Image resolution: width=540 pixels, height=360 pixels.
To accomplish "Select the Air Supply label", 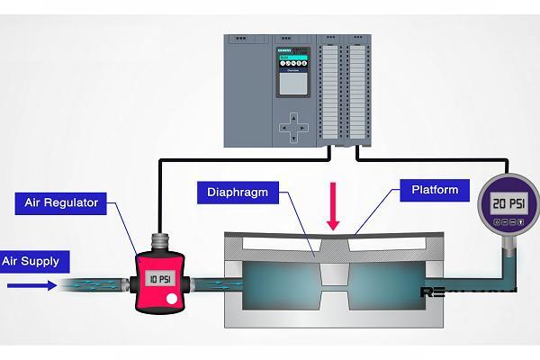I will tap(31, 262).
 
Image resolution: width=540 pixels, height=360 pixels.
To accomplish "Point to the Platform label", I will tap(435, 190).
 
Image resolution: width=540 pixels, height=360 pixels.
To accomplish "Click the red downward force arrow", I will tap(334, 207).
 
